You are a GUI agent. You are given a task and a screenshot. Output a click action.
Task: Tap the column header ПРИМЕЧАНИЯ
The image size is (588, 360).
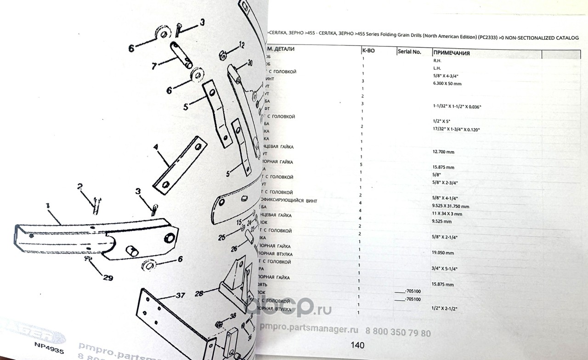[x=451, y=53]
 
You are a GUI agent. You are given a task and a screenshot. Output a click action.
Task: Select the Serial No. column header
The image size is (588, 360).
[x=409, y=52]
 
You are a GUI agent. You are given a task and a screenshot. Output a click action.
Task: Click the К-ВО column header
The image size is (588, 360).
[x=368, y=51]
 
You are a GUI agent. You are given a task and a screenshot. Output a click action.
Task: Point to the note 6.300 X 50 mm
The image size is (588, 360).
[x=447, y=84]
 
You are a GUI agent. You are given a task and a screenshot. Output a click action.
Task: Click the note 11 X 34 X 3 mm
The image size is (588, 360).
[x=447, y=214]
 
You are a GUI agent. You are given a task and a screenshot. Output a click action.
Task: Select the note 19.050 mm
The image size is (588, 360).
[x=443, y=253]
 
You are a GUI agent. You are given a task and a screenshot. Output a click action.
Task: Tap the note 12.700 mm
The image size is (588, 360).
[x=443, y=152]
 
